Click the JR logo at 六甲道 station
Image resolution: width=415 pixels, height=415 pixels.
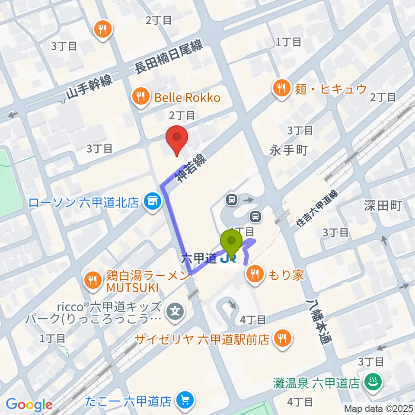click(x=228, y=259)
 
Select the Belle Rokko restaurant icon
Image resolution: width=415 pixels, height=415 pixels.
click(x=140, y=96)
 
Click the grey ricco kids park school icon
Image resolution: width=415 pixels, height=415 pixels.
click(x=176, y=310)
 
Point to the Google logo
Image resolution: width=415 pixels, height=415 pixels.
click(x=29, y=404)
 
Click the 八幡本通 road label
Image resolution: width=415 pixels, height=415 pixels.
click(x=319, y=322)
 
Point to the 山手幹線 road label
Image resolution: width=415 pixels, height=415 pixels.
click(x=89, y=87)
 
